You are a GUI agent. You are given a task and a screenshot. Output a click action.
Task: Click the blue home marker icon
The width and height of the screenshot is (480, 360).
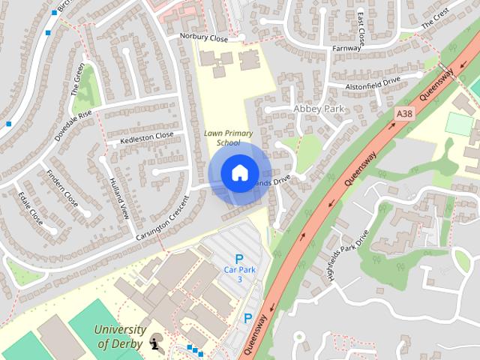click(x=239, y=173)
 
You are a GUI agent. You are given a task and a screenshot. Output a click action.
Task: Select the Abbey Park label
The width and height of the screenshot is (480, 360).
click(x=318, y=109)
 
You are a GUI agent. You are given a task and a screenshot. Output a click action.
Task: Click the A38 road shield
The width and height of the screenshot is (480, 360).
click(x=403, y=113)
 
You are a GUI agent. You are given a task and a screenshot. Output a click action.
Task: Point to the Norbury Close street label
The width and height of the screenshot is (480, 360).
click(x=202, y=36)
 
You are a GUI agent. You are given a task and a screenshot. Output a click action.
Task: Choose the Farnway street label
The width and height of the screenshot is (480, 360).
click(x=347, y=49)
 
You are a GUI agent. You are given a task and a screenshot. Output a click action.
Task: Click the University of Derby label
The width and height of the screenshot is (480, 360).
click(x=121, y=337)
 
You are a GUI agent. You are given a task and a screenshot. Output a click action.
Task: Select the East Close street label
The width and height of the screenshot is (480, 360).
click(x=360, y=29)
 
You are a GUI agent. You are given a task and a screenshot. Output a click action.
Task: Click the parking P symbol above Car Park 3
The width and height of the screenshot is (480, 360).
click(x=239, y=259)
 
